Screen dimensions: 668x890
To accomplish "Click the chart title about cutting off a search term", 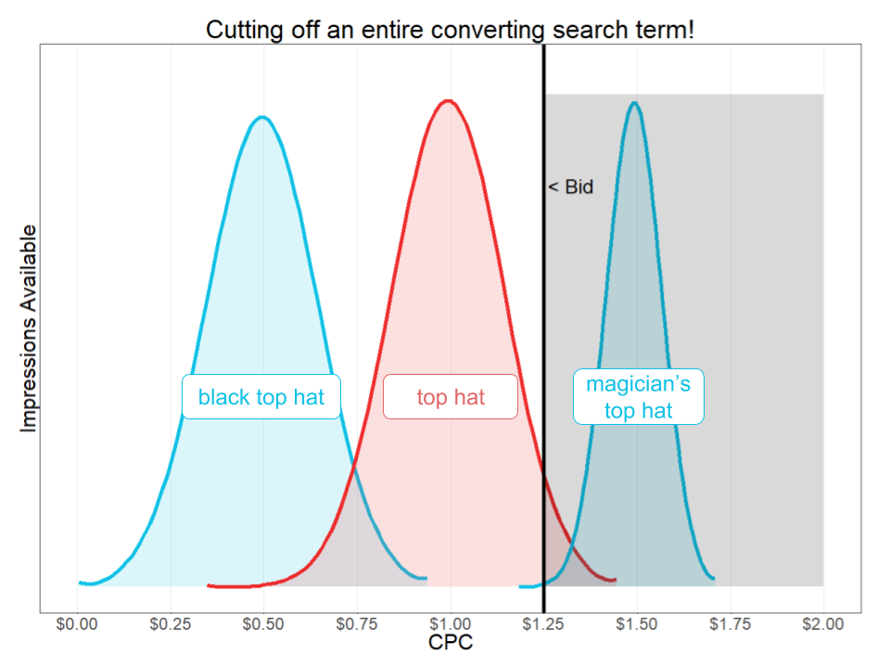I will tap(450, 30).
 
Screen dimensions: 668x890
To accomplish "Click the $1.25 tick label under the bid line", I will tap(544, 623).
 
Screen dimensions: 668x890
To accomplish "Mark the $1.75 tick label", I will tap(731, 623).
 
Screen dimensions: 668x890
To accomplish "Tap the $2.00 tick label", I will tap(823, 623).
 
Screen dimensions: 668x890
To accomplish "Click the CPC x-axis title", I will tap(451, 642).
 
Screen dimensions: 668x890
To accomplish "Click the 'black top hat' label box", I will tap(261, 397).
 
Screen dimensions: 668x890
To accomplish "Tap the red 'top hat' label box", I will tap(451, 397).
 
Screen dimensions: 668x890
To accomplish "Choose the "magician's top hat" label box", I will tap(639, 397).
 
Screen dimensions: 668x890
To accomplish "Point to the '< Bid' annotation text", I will tap(570, 187).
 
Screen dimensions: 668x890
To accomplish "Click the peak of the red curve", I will tap(448, 101).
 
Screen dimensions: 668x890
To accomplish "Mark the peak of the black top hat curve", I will tap(262, 117).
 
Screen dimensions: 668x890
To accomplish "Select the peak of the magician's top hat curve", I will tap(634, 102).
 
